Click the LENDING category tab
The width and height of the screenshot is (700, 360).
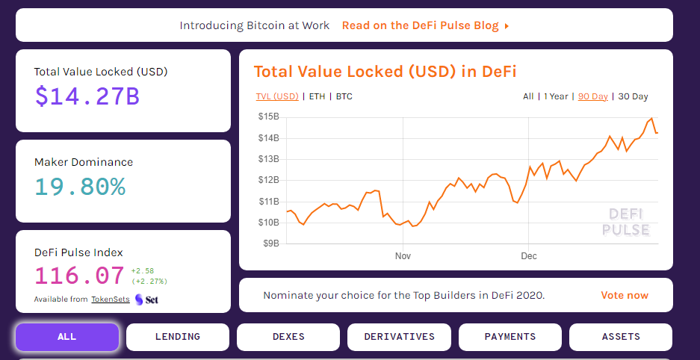[x=178, y=337]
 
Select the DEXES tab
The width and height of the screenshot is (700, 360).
[x=288, y=337]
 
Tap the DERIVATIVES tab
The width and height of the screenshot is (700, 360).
[x=399, y=337]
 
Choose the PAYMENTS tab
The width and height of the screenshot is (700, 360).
[x=510, y=337]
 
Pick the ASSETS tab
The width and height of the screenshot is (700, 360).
[x=621, y=337]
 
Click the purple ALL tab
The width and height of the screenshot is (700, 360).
[x=67, y=337]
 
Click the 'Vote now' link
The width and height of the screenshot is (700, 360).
[x=625, y=295]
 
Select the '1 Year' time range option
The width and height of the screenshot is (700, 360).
[x=556, y=96]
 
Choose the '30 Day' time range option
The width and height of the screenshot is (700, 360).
[x=634, y=96]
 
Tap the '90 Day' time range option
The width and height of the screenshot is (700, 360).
[x=593, y=96]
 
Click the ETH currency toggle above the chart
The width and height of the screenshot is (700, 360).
[x=317, y=96]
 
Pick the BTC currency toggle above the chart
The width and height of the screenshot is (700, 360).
[x=344, y=96]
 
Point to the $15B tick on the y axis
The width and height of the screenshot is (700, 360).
[x=269, y=117]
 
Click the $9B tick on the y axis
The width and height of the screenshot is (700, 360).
[x=270, y=243]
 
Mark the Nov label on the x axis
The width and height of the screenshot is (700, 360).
[x=403, y=256]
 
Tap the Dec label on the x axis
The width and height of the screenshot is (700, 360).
[x=529, y=256]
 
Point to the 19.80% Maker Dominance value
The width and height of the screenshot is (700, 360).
[x=80, y=186]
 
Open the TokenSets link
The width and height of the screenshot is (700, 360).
[x=110, y=300]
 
